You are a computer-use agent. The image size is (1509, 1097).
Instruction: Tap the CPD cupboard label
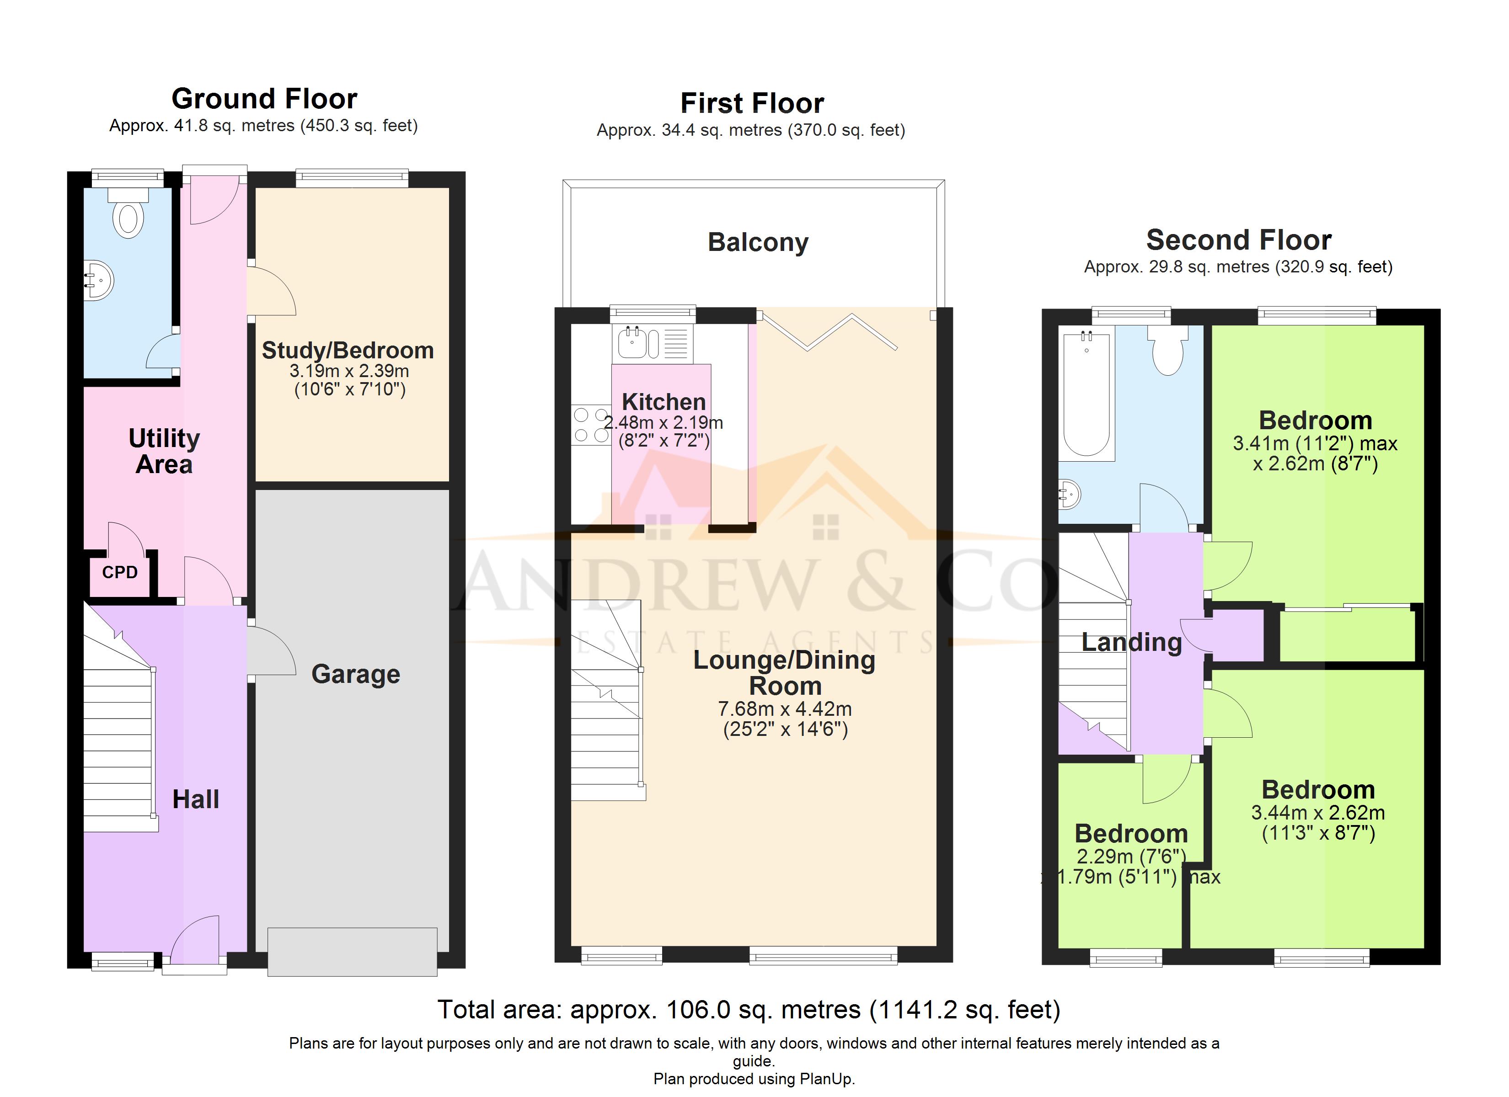coord(120,572)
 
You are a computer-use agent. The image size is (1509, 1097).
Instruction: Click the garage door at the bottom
coord(353,952)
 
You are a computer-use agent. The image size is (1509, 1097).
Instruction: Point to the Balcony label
coord(758,243)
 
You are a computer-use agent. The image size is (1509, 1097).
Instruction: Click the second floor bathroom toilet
coord(1168,351)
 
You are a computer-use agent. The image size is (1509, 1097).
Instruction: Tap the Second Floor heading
coord(1239,240)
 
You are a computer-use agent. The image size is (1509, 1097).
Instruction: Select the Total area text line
coord(749,1010)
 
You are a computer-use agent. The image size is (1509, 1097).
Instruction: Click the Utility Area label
coord(164,451)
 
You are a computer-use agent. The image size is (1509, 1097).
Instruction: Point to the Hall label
coord(196,799)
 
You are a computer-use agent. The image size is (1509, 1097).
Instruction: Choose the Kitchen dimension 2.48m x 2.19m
coord(664,422)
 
